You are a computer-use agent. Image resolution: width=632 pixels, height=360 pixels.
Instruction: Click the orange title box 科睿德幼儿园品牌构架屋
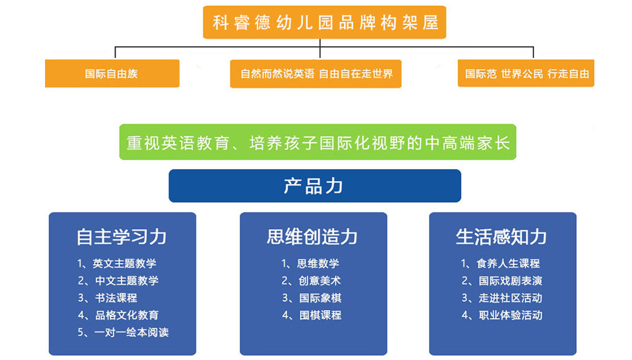point(325,22)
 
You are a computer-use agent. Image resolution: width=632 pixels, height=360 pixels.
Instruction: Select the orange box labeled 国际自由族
point(112,73)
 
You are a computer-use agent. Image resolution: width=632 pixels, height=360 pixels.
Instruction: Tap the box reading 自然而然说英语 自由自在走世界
point(316,74)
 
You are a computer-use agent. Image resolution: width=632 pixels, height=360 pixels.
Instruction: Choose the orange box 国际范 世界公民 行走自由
point(526,73)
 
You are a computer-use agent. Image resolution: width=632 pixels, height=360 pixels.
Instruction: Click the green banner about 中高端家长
point(318,142)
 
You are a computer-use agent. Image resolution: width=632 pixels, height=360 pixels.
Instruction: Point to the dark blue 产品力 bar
point(315,186)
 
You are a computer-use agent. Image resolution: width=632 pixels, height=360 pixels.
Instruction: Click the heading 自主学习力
point(122,237)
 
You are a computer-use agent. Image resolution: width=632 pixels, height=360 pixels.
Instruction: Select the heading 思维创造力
point(312,236)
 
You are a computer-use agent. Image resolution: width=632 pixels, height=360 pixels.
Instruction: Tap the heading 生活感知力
point(502,236)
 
